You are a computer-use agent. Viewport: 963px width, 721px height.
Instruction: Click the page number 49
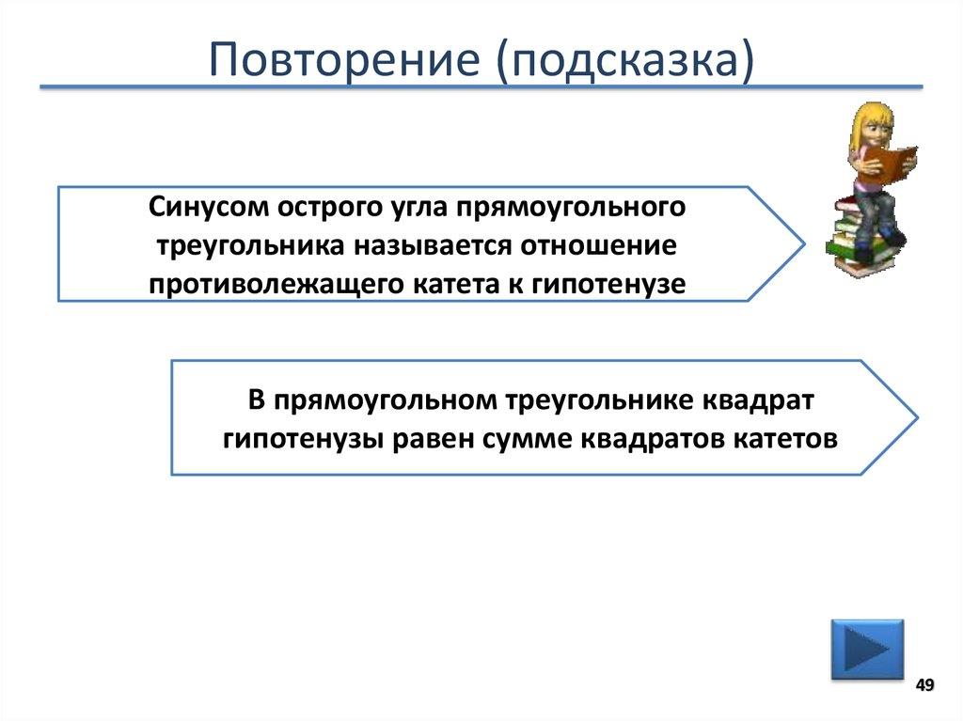coord(924,685)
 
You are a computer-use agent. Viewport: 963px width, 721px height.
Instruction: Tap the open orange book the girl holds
coord(888,163)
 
